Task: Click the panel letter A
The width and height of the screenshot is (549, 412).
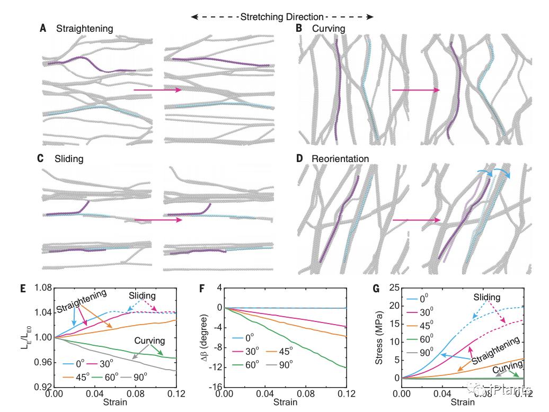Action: click(x=43, y=28)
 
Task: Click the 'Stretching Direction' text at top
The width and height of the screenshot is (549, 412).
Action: click(x=282, y=16)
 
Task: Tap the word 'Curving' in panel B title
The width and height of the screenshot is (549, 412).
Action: click(x=328, y=28)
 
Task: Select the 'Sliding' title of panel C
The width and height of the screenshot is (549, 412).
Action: click(x=69, y=158)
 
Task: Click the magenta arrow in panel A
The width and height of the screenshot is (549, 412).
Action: click(x=157, y=90)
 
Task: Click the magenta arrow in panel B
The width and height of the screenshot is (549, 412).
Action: click(x=416, y=90)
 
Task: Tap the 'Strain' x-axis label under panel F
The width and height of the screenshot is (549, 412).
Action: click(x=285, y=402)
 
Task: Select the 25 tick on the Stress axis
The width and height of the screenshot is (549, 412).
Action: click(x=392, y=288)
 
